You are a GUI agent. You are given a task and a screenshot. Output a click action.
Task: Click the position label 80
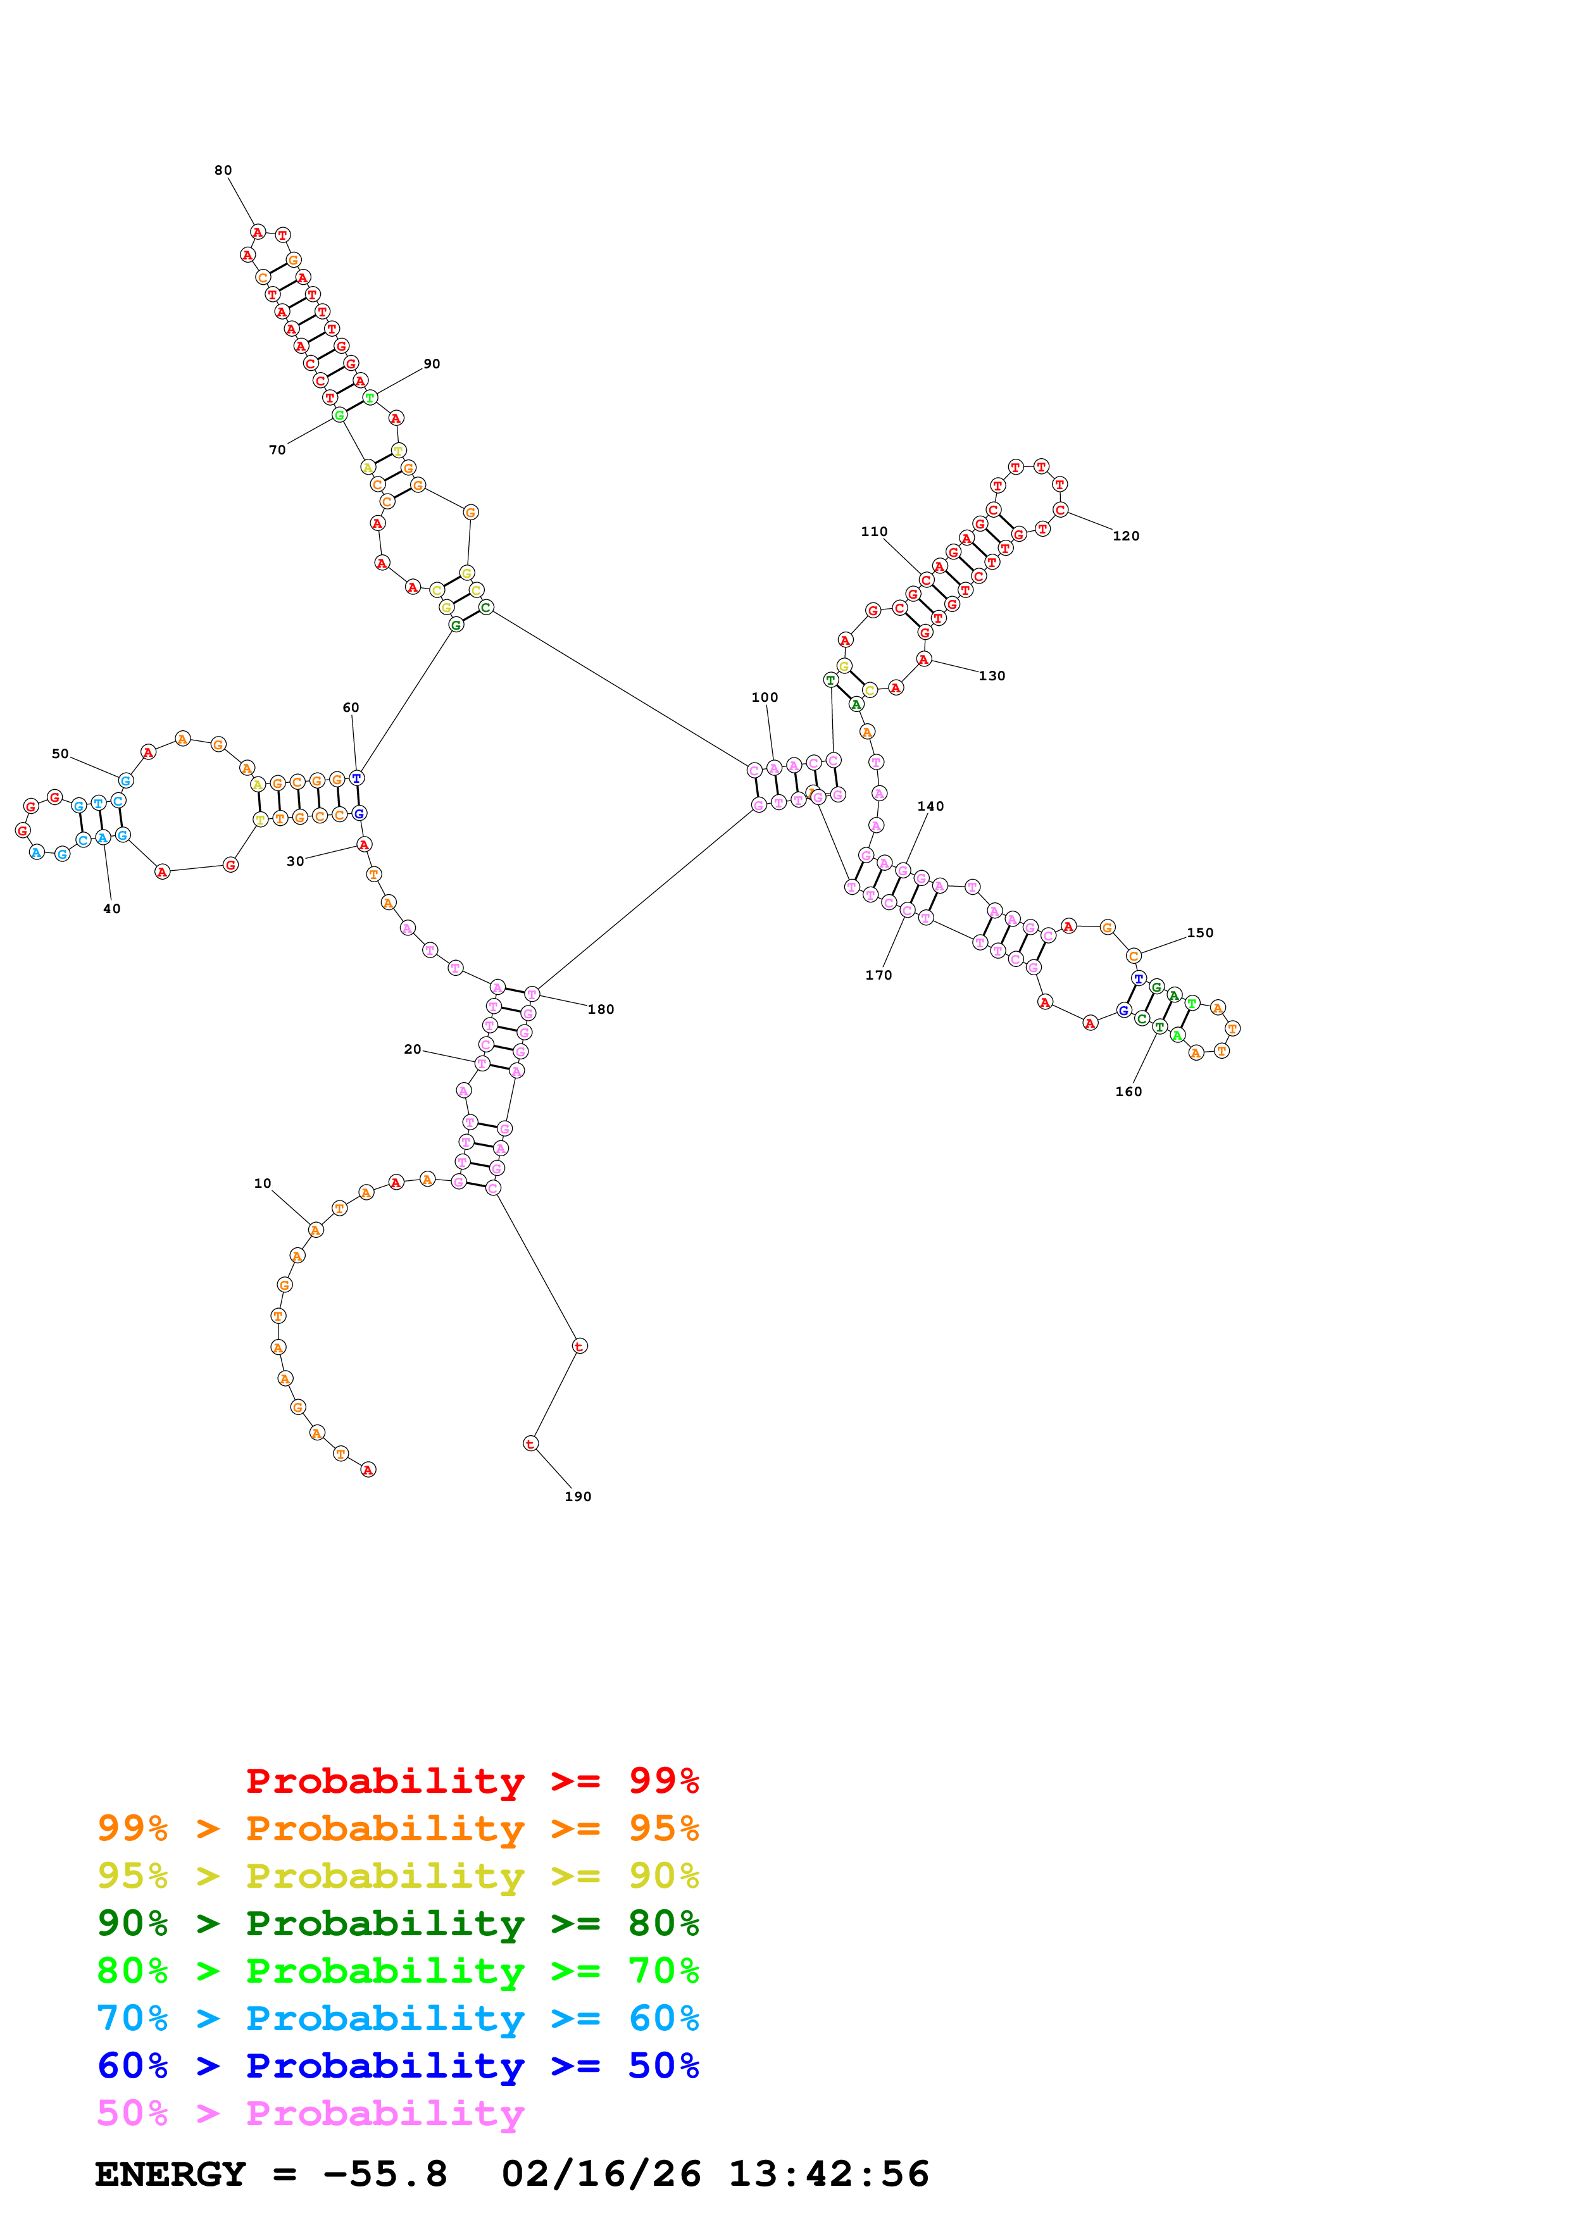[x=223, y=170]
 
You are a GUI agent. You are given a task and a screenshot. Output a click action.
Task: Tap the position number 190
[x=578, y=1497]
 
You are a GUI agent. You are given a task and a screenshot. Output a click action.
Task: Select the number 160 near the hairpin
[x=1128, y=1092]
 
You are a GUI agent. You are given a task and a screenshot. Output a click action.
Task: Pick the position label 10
[x=263, y=1183]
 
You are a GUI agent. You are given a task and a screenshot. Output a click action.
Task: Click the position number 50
[x=60, y=754]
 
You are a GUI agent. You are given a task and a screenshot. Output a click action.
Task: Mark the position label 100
[x=765, y=697]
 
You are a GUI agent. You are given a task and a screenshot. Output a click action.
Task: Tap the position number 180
[x=601, y=1009]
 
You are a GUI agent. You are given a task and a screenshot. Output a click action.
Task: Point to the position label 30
[x=296, y=861]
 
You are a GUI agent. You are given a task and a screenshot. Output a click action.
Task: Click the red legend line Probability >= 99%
[x=472, y=1781]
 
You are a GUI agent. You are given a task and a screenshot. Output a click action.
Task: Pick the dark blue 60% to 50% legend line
[x=398, y=2066]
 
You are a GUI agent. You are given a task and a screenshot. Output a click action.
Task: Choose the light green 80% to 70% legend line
[x=398, y=1971]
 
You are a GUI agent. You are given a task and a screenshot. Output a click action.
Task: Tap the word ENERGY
[x=170, y=2174]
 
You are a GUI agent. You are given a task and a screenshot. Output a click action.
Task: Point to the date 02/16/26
[x=601, y=2174]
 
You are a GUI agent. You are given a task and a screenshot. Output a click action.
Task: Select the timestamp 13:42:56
[x=828, y=2174]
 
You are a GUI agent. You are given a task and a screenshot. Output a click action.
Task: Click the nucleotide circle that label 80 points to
[x=257, y=232]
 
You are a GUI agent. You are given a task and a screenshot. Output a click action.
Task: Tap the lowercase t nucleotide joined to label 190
[x=530, y=1444]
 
